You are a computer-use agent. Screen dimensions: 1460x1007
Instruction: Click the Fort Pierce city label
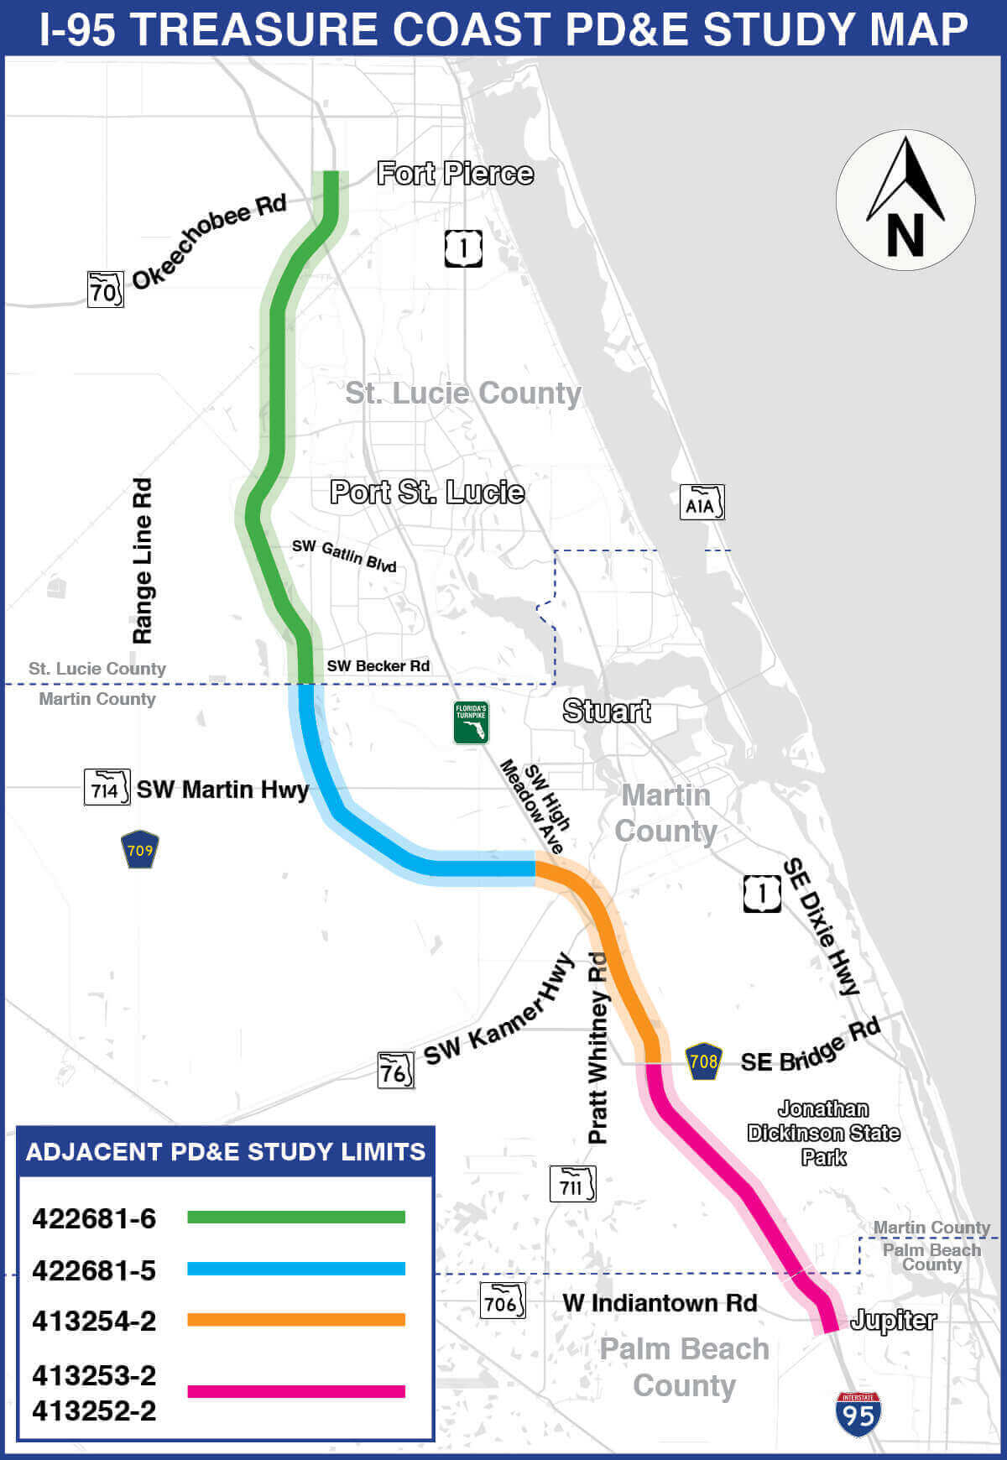coord(455,174)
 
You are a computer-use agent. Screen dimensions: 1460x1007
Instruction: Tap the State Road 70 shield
coord(106,289)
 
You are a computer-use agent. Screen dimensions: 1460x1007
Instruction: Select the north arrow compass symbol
coord(905,201)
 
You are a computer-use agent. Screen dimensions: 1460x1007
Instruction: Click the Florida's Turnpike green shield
coord(471,722)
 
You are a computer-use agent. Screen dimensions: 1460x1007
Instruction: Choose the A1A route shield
coord(702,503)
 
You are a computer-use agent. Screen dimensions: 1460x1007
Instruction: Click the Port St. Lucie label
coord(427,492)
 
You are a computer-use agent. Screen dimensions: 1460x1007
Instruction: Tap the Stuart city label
coord(607,711)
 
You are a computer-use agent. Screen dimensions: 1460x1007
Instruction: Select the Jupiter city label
coord(893,1321)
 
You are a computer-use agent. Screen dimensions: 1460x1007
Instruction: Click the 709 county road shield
coord(140,849)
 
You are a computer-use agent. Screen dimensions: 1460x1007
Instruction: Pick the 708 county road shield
coord(703,1061)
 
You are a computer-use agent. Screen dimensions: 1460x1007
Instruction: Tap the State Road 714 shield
coord(107,787)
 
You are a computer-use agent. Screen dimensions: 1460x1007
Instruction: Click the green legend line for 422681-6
coord(295,1217)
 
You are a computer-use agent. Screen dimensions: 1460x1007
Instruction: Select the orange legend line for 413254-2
coord(295,1320)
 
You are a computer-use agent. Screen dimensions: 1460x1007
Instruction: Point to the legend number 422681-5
coord(94,1270)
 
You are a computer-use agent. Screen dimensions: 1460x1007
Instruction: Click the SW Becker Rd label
coord(378,666)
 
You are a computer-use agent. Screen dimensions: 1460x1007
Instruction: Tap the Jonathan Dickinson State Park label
coord(823,1133)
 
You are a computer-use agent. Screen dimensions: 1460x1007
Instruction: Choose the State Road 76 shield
coord(395,1071)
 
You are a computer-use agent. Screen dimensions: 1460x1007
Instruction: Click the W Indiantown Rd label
coord(660,1303)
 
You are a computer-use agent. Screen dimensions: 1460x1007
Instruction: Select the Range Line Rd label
coord(143,561)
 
